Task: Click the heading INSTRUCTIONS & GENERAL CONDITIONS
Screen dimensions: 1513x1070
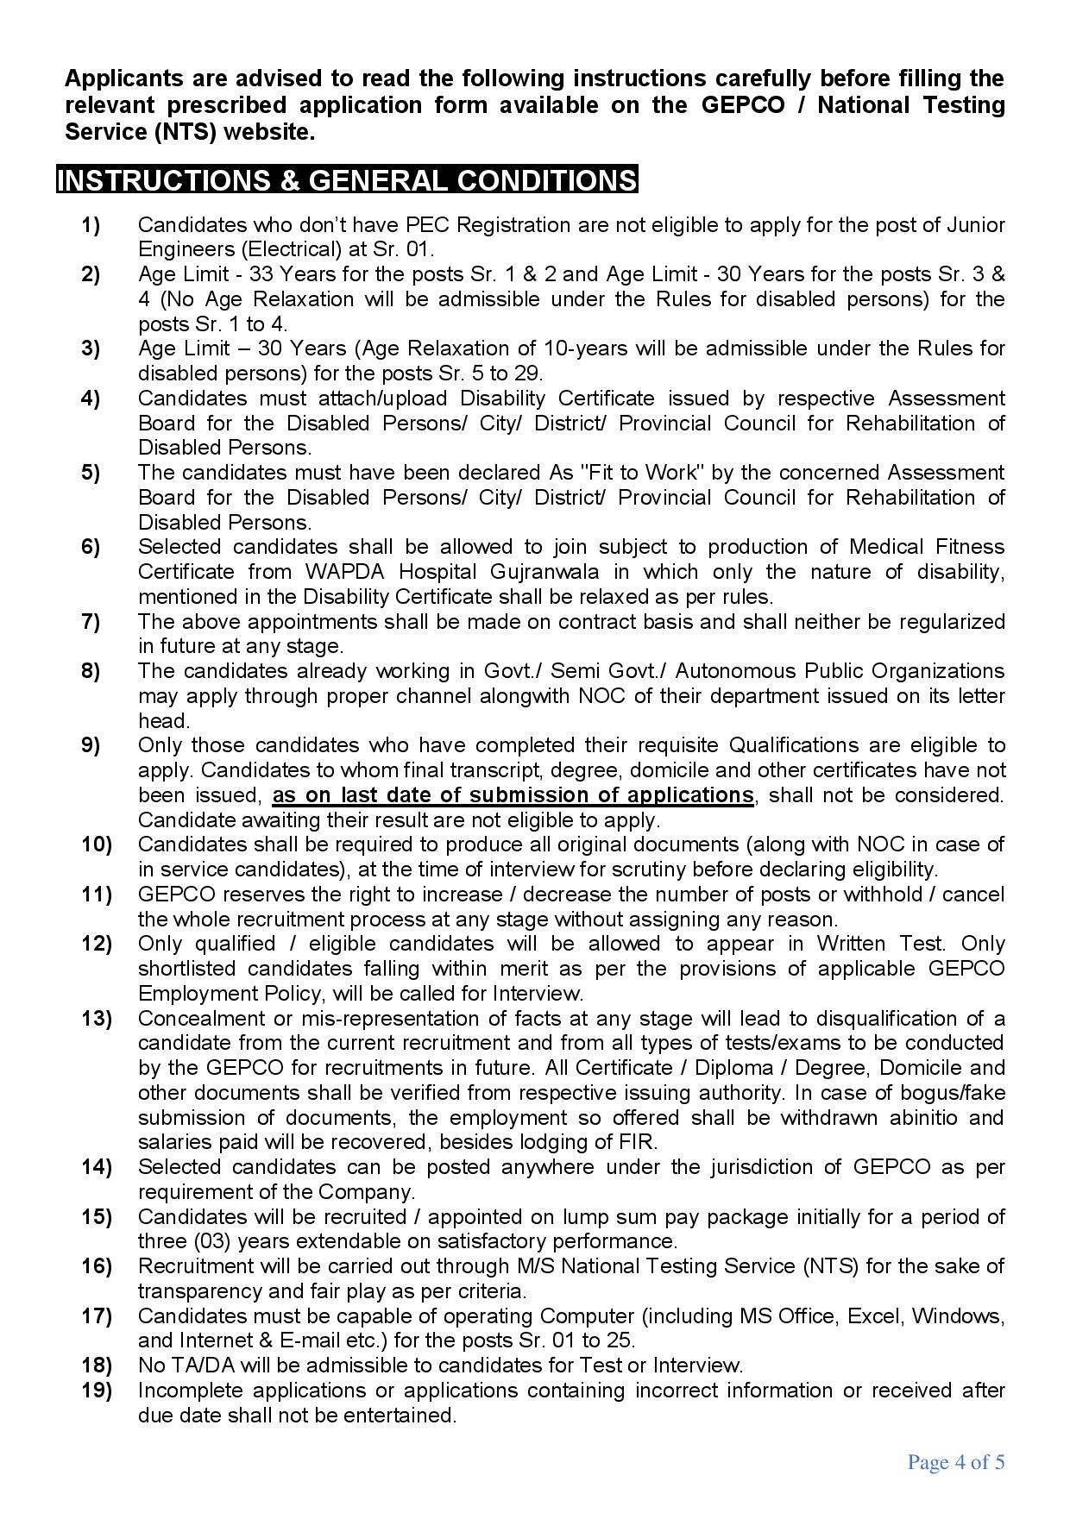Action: click(x=347, y=180)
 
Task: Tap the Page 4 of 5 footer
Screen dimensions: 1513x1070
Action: click(x=956, y=1462)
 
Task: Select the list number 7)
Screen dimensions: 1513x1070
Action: click(x=91, y=622)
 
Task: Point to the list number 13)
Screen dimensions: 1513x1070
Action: click(x=97, y=1019)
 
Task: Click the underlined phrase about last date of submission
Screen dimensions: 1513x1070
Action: click(x=513, y=795)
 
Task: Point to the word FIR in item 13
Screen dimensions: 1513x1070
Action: click(x=639, y=1143)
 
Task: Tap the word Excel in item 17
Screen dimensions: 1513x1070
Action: click(x=874, y=1316)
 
